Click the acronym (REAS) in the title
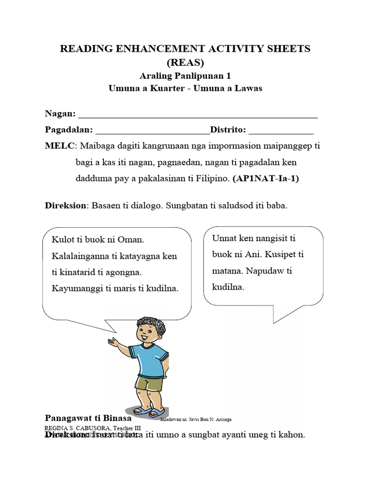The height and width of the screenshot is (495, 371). tap(185, 62)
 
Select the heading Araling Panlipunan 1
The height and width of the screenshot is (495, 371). tap(185, 76)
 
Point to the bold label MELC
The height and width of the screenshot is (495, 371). tap(60, 146)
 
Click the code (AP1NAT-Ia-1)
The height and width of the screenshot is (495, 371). tap(266, 178)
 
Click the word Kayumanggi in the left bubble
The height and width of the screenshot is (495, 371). tap(75, 289)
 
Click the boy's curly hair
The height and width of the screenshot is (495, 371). tap(149, 323)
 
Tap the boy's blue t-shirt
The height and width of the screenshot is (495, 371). tap(151, 360)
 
